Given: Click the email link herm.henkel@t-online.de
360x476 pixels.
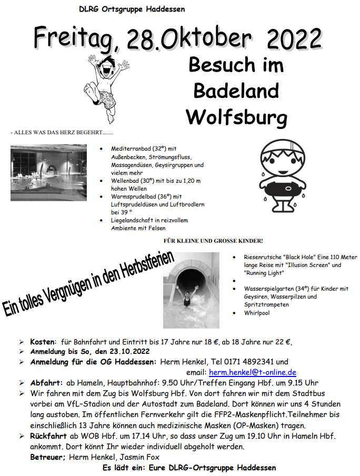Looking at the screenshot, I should click(253, 372).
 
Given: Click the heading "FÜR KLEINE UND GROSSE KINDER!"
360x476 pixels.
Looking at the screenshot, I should click(213, 241).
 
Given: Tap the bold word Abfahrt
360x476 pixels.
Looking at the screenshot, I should click(46, 383).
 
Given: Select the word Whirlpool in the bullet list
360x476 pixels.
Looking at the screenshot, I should click(256, 313).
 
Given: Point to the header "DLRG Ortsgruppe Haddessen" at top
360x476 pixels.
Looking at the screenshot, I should click(132, 9).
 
